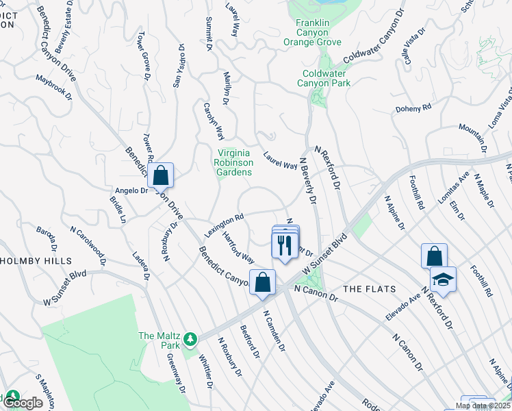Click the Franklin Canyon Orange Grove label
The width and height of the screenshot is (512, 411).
[313, 32]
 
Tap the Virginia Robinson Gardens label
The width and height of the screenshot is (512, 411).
[234, 162]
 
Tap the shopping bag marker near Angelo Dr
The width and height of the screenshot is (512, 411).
[160, 177]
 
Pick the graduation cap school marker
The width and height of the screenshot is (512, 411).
[443, 280]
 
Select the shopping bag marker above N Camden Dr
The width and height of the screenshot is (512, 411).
[262, 282]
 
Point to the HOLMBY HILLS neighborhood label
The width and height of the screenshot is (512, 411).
[35, 261]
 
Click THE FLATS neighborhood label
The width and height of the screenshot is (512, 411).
[361, 290]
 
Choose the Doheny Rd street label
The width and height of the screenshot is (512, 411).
[413, 108]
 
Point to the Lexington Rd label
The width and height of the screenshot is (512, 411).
[224, 224]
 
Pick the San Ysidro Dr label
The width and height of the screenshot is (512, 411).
[179, 66]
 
